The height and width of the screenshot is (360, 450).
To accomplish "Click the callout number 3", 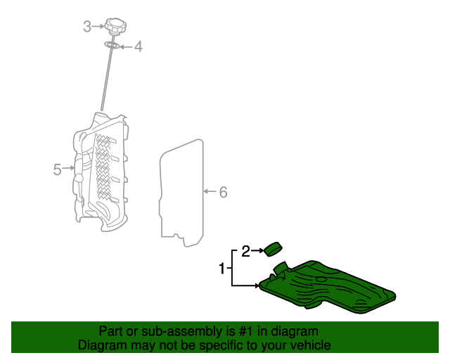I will (87, 27).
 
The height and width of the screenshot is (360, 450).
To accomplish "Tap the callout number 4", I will (139, 47).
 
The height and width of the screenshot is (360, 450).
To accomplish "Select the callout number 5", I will (58, 169).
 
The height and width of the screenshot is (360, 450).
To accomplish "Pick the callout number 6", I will (223, 192).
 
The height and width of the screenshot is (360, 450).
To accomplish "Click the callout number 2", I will (246, 250).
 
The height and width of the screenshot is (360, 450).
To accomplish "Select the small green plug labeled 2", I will (272, 248).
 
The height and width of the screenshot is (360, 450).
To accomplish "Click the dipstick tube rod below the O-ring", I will (106, 81).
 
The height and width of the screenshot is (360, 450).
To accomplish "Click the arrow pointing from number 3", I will (98, 27).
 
